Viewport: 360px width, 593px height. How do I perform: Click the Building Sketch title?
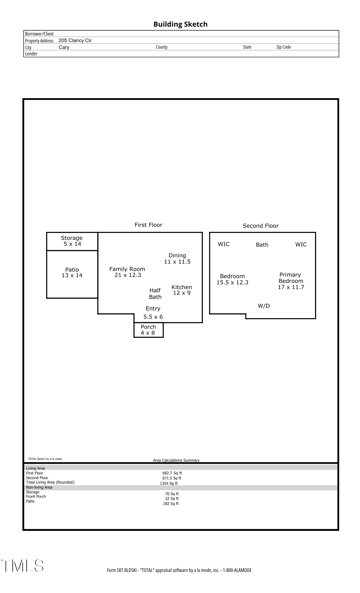pos(180,24)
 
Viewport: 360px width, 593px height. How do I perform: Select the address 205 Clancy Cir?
pos(75,41)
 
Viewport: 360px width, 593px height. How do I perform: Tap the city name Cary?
pos(64,47)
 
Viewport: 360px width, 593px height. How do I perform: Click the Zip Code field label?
pos(283,47)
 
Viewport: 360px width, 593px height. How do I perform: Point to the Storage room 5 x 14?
pos(72,241)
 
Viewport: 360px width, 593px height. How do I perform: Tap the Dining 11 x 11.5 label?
pos(177,259)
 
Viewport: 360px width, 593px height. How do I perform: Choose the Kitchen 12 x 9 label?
pos(182,290)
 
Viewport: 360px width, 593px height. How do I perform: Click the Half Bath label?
pos(155,294)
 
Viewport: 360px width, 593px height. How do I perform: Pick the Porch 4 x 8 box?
pos(148,330)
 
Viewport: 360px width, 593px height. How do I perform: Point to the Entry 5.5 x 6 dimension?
pos(153,317)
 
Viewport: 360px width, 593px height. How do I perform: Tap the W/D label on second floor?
pos(264,306)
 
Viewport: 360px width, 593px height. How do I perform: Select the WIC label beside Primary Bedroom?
pos(301,244)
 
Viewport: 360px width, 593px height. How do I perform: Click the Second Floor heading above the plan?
pos(261,226)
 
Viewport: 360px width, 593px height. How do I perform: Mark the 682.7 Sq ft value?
pos(172,473)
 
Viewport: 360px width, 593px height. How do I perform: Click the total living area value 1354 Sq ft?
pos(169,484)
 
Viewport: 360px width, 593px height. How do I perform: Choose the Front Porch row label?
pos(36,497)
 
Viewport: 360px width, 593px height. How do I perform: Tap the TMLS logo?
pos(23,566)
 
